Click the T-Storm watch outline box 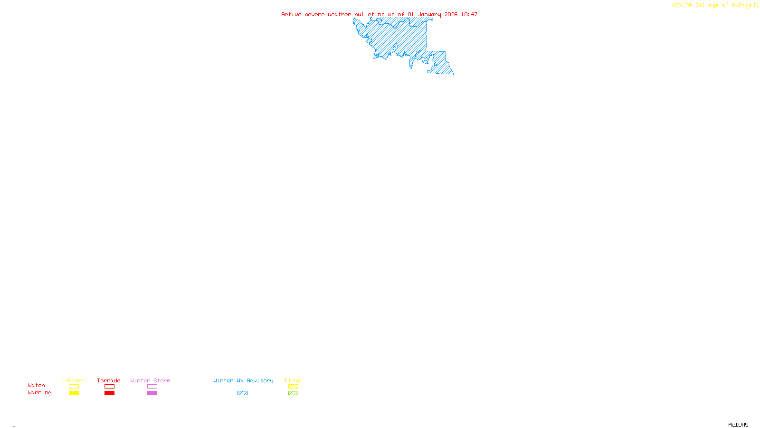pyautogui.click(x=74, y=387)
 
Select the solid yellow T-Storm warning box pyautogui.click(x=74, y=393)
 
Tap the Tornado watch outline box pyautogui.click(x=109, y=387)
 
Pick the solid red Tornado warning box pyautogui.click(x=109, y=393)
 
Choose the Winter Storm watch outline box pyautogui.click(x=152, y=387)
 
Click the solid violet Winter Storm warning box pyautogui.click(x=152, y=393)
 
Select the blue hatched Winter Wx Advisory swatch pyautogui.click(x=242, y=393)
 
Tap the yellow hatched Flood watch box pyautogui.click(x=293, y=387)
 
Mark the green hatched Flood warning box pyautogui.click(x=293, y=393)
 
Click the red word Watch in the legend pyautogui.click(x=37, y=386)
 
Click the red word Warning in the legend pyautogui.click(x=39, y=393)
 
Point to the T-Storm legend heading pyautogui.click(x=73, y=380)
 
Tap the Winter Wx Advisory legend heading pyautogui.click(x=243, y=380)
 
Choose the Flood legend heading pyautogui.click(x=293, y=380)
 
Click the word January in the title pyautogui.click(x=429, y=15)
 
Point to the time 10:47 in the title pyautogui.click(x=469, y=15)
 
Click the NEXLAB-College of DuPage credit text pyautogui.click(x=712, y=6)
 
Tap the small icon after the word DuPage pyautogui.click(x=756, y=5)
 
